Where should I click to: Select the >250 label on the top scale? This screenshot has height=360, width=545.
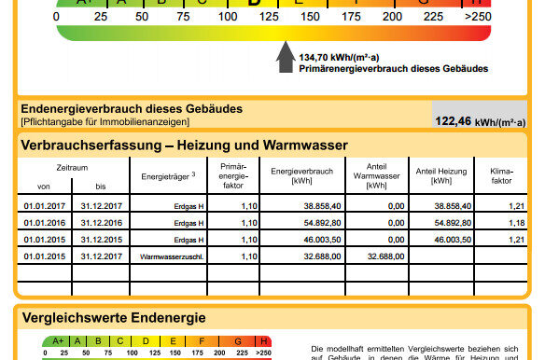pyautogui.click(x=477, y=17)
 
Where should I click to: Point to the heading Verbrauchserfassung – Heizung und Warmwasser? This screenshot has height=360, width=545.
pyautogui.click(x=184, y=145)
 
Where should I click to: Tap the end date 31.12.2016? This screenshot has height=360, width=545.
pyautogui.click(x=102, y=223)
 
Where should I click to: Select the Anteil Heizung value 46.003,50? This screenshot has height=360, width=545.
pyautogui.click(x=447, y=240)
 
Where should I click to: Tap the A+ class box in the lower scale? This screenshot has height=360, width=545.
pyautogui.click(x=59, y=341)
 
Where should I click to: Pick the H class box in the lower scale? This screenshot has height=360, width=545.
pyautogui.click(x=263, y=341)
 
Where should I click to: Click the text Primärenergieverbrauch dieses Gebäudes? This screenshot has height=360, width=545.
pyautogui.click(x=393, y=69)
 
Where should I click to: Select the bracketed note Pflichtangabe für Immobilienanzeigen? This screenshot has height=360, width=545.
pyautogui.click(x=104, y=122)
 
